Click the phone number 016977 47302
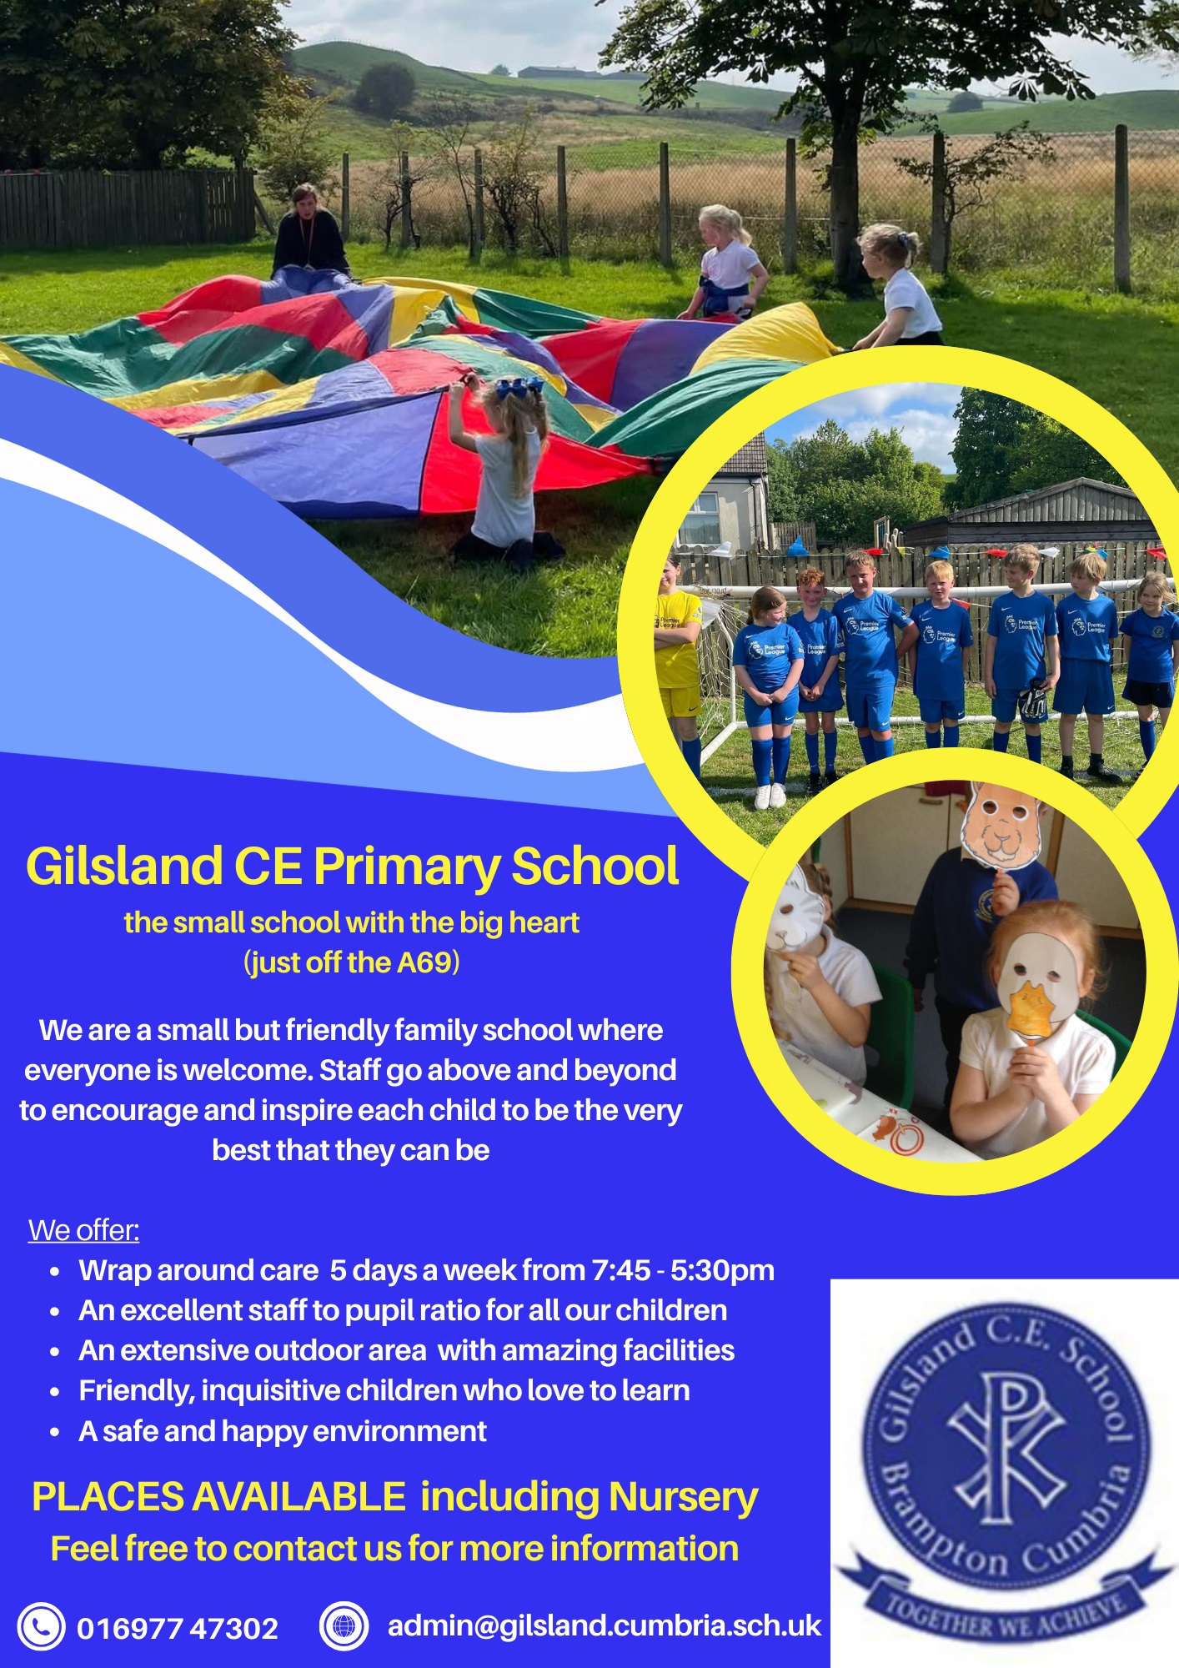178,1628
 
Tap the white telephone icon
41,1626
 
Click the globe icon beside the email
344,1626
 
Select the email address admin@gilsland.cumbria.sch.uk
605,1626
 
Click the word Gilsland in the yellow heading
124,866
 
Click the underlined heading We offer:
84,1230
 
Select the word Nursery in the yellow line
683,1498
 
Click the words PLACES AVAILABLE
218,1497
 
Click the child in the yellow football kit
677,659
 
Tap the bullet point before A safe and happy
55,1432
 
